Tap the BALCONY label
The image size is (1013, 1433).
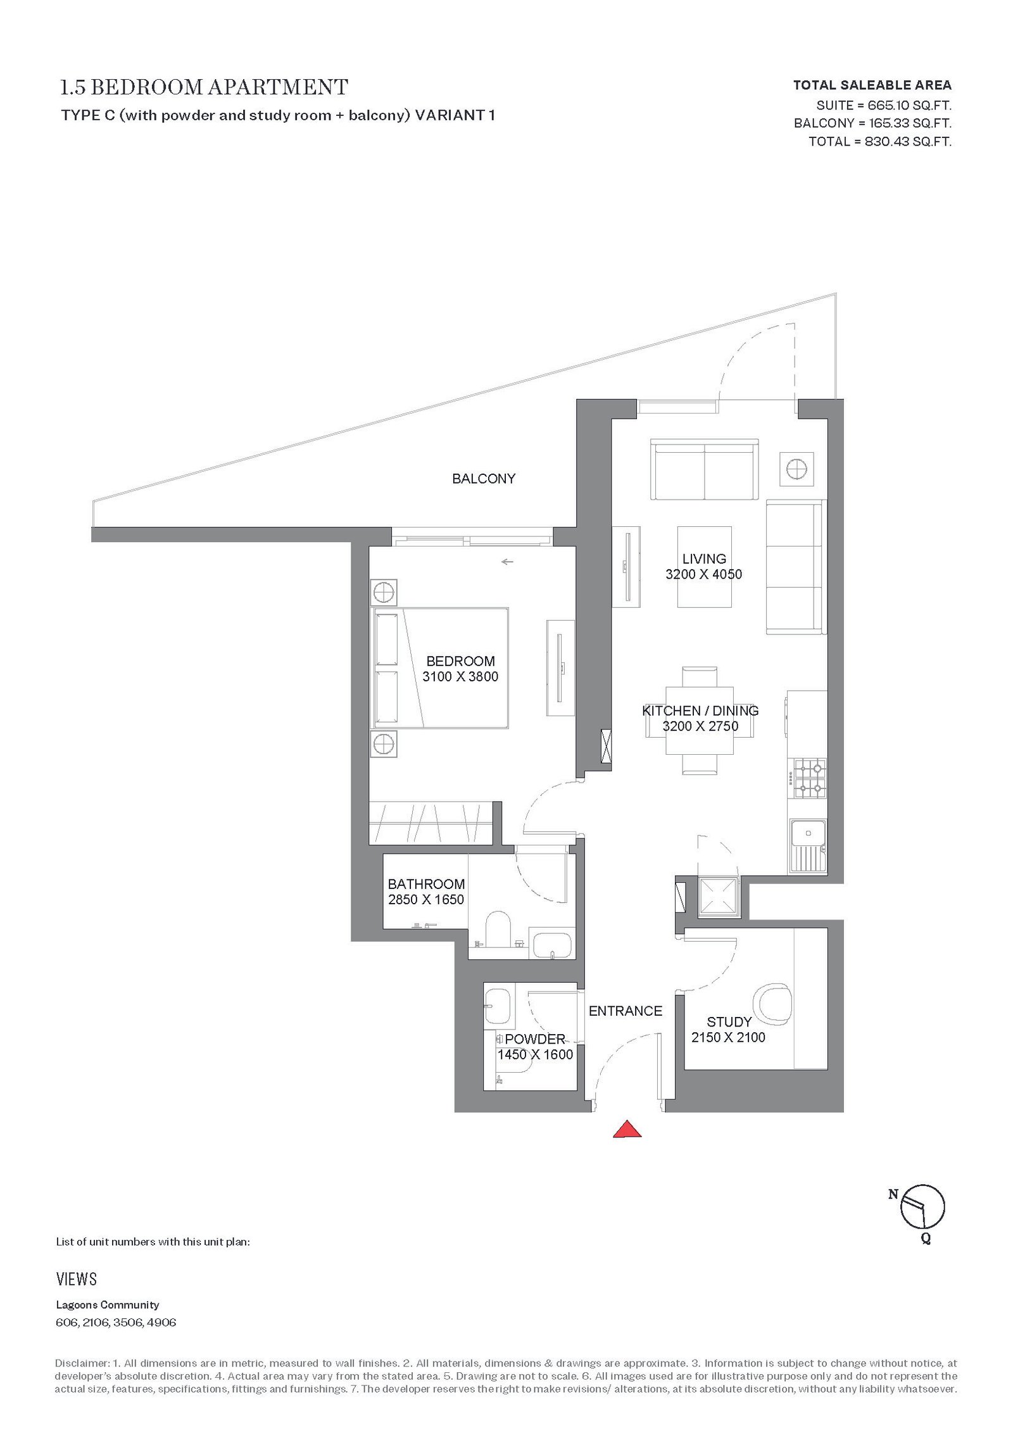click(484, 479)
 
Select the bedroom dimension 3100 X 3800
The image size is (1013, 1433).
click(460, 676)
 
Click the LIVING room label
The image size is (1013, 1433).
click(704, 559)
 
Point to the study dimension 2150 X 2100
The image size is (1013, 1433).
click(728, 1037)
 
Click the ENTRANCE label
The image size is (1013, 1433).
click(626, 1011)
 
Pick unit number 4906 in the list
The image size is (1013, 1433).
click(161, 1323)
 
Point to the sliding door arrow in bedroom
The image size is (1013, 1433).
click(507, 561)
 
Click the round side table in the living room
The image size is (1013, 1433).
click(796, 469)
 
